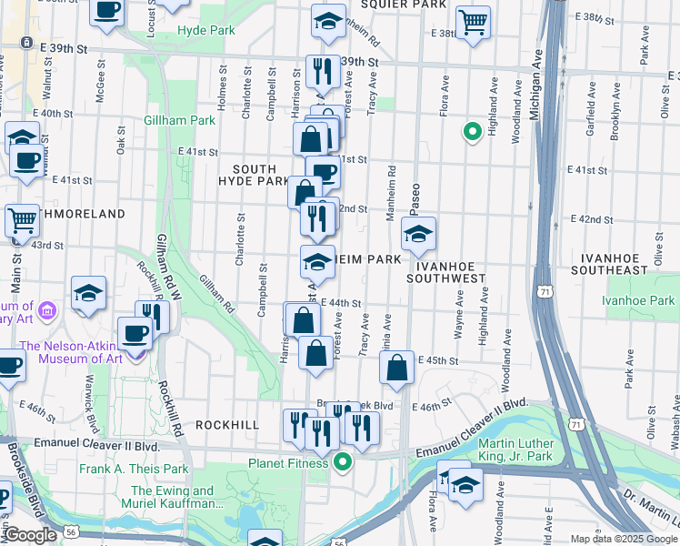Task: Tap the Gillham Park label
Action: point(179,120)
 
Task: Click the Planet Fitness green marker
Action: point(343,462)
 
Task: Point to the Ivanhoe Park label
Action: point(640,300)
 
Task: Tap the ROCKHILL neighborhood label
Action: point(226,425)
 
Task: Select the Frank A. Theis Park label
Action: point(133,470)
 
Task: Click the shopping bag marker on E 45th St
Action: point(397,369)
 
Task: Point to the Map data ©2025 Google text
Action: point(623,539)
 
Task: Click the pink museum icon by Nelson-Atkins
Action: point(48,312)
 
